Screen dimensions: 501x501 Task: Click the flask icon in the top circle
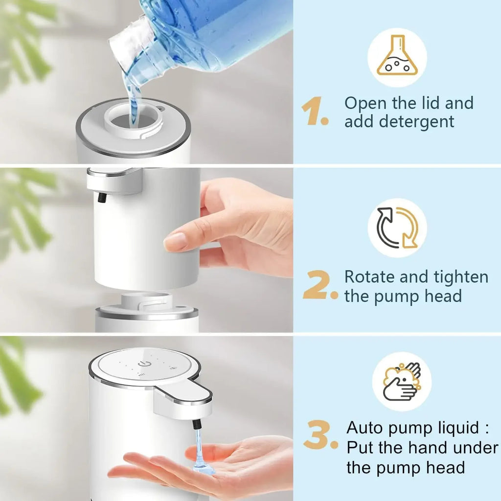pos(397,58)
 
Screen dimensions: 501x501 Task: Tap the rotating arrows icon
pos(397,228)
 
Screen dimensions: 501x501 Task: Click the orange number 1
pos(313,112)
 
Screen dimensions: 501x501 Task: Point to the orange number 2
pos(319,287)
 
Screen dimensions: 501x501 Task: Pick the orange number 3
pos(319,437)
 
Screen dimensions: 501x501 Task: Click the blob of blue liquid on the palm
pos(203,469)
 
